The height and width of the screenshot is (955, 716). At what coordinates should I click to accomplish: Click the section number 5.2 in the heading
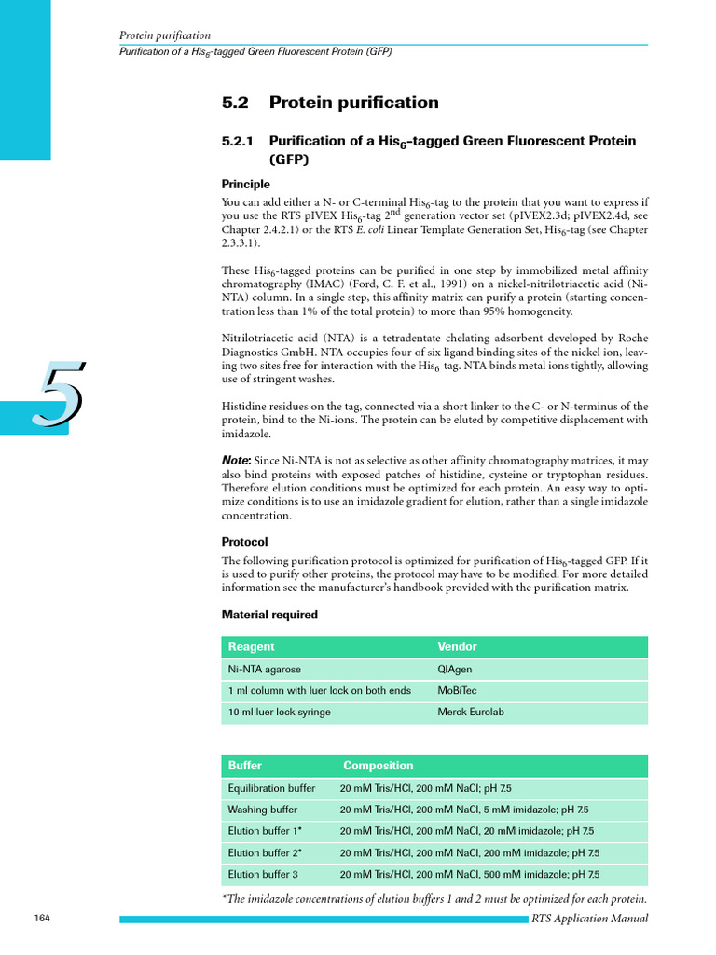coord(235,103)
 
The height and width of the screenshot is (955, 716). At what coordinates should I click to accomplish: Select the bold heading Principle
coord(246,185)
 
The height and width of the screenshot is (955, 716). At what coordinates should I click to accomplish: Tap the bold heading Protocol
coord(244,542)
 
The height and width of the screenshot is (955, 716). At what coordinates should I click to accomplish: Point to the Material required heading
coord(269,615)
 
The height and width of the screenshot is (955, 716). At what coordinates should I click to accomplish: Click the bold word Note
coord(236,462)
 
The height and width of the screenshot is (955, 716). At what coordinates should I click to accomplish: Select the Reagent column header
coord(252,646)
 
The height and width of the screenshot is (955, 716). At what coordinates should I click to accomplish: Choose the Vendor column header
coord(457,646)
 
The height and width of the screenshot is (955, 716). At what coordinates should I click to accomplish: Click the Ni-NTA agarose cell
coord(265,669)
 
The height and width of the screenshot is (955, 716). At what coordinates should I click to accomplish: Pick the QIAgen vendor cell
coord(455,669)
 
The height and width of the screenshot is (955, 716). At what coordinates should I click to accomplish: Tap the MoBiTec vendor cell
coord(457,691)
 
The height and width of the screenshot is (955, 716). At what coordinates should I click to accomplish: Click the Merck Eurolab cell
coord(471,713)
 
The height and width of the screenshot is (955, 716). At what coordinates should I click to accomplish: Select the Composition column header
coord(378,766)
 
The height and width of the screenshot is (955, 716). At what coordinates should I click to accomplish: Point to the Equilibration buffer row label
coord(271,788)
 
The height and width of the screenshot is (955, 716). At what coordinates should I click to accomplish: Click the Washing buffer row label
coord(263,810)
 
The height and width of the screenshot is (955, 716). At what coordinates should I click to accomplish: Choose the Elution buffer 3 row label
coord(263,875)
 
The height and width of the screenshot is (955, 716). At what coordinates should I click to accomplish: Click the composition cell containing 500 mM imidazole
coord(469,875)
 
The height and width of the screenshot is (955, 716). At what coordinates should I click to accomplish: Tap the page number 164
coord(42,919)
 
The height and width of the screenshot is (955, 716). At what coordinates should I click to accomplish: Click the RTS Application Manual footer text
coord(589,919)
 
